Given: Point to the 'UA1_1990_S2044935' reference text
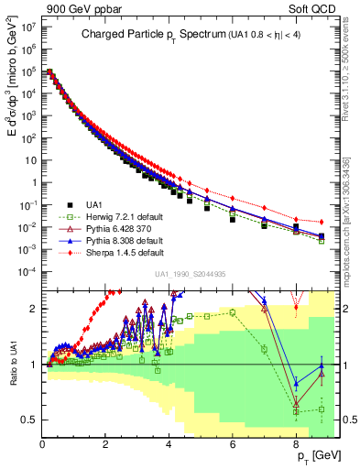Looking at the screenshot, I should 191,274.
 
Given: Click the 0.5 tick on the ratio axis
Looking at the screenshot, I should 31,420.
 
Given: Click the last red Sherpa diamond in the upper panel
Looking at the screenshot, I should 321,222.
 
